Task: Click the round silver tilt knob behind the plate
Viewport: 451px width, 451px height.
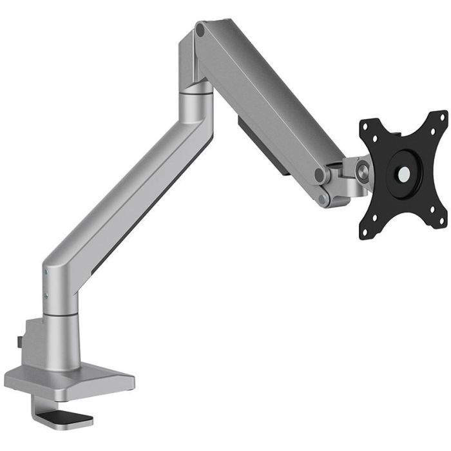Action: (x=363, y=171)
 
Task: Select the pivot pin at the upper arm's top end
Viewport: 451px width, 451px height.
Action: (x=200, y=30)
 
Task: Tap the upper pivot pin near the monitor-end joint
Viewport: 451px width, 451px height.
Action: (x=320, y=175)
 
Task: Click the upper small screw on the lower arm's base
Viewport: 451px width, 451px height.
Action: (x=46, y=273)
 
